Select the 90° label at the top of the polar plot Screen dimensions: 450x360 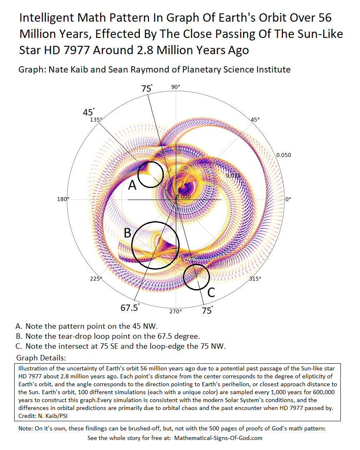[x=176, y=87]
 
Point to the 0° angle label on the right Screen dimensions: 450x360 [x=288, y=199]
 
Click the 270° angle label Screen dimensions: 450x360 [x=175, y=312]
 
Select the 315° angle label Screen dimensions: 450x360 [x=255, y=279]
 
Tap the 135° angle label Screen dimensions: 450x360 [x=96, y=120]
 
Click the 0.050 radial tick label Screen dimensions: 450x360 [x=283, y=155]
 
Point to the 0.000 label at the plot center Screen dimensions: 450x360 [x=183, y=196]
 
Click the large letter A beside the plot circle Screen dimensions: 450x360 [x=132, y=185]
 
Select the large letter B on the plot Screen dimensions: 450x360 [x=128, y=232]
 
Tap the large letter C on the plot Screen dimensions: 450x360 [x=211, y=292]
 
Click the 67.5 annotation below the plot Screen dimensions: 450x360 [x=129, y=308]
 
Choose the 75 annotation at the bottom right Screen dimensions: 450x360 [x=206, y=310]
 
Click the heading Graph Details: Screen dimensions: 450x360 [x=41, y=358]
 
